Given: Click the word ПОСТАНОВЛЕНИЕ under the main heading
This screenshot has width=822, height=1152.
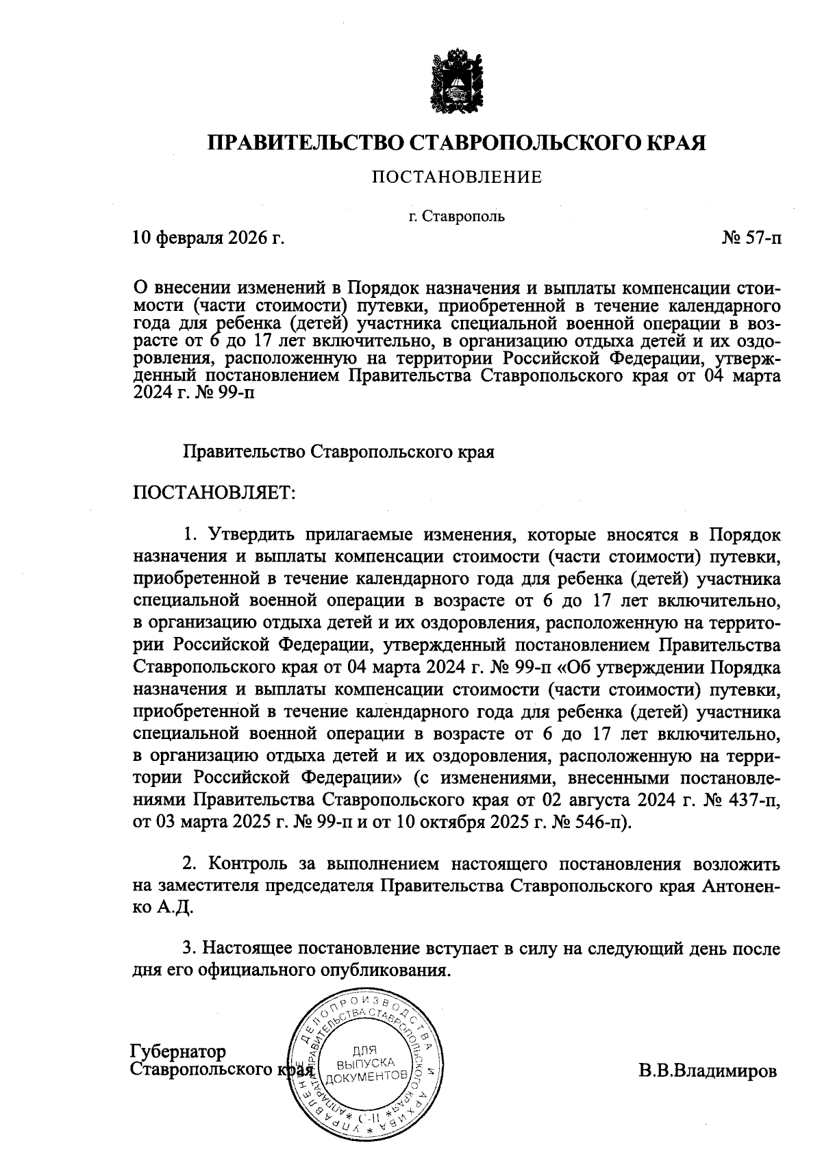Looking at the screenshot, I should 457,178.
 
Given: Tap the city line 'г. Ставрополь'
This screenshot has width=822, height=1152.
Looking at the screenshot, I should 456,217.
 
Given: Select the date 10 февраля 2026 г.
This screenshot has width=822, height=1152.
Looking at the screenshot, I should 208,238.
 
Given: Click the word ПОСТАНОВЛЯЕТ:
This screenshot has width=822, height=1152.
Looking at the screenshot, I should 213,492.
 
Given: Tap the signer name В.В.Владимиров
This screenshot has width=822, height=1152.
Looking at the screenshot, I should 708,1070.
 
